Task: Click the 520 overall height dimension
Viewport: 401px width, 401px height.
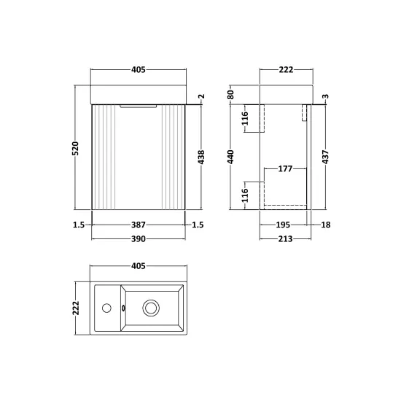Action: (76, 148)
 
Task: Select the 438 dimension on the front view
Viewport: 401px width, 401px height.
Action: (201, 157)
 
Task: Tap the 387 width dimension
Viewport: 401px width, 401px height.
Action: (139, 225)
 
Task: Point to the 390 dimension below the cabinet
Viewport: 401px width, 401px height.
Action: (139, 239)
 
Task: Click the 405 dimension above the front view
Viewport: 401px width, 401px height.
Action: (139, 69)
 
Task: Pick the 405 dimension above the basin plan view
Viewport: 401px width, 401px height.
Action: (139, 266)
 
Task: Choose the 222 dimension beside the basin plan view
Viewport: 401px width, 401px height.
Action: (76, 308)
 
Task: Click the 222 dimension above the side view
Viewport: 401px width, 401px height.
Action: (286, 69)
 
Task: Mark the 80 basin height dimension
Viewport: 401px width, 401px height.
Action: (230, 95)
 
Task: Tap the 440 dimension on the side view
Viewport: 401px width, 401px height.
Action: (230, 157)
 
